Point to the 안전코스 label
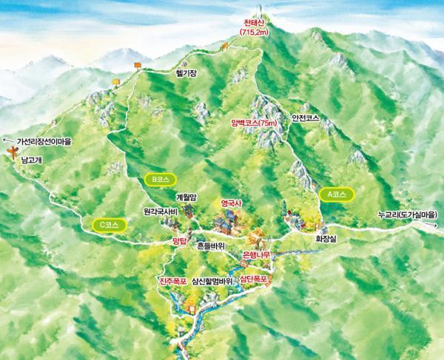[307, 118]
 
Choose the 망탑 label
[178, 240]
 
